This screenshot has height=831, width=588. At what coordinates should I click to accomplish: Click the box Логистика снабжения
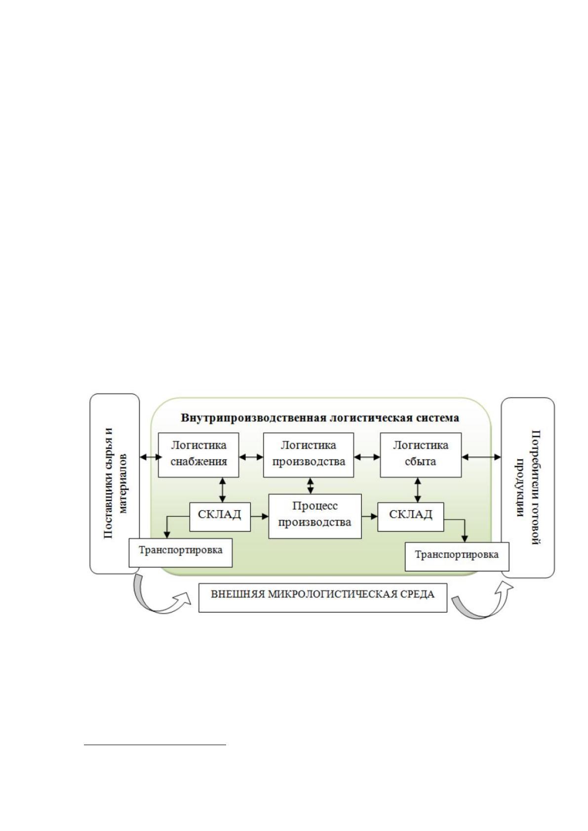[198, 454]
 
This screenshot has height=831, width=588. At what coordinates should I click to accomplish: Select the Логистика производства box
[308, 454]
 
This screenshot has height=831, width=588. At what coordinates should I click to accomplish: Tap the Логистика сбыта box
[421, 454]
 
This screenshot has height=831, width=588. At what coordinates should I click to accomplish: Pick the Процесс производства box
[315, 516]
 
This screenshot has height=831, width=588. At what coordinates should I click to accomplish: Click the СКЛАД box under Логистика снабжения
[220, 517]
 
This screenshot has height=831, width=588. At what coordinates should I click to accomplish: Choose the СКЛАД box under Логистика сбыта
[411, 517]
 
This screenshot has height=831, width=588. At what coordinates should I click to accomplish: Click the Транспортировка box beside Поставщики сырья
[180, 552]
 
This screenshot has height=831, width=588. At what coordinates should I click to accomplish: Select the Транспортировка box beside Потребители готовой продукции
[457, 557]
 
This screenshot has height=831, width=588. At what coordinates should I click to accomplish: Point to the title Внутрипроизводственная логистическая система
[319, 418]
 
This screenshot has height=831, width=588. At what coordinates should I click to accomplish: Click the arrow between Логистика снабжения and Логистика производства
[251, 457]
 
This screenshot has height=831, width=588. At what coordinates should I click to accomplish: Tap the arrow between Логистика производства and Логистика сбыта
[367, 457]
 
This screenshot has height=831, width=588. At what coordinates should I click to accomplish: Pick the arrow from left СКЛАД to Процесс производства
[260, 516]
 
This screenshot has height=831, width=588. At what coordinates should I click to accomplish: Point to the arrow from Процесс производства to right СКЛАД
[370, 516]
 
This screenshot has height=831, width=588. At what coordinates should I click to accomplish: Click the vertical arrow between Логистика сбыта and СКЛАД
[418, 490]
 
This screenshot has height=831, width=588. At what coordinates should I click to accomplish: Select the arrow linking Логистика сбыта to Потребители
[481, 457]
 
